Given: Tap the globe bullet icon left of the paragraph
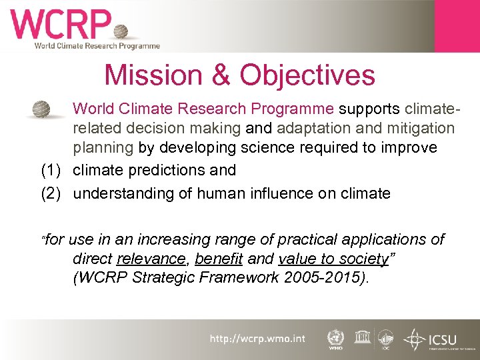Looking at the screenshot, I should (x=42, y=109).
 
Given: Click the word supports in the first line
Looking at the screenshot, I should (x=369, y=108).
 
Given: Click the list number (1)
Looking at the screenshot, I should (x=53, y=170).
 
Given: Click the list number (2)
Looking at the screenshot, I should (x=53, y=193).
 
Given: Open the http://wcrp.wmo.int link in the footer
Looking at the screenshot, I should (x=257, y=339).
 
